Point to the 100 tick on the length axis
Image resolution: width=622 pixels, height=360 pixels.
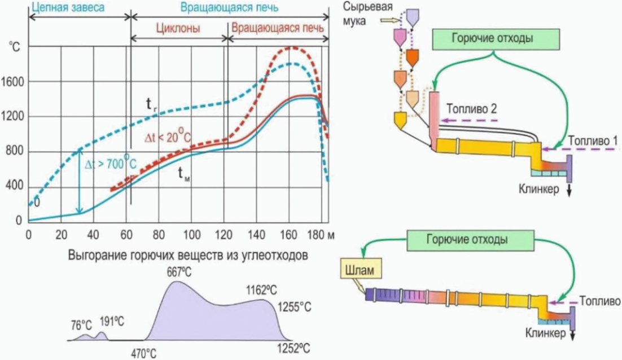(x=192, y=234)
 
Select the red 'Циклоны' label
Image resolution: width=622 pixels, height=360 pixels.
(x=179, y=28)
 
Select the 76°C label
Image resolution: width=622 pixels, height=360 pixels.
(x=81, y=325)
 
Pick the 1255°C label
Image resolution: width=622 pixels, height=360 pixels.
(x=294, y=306)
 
